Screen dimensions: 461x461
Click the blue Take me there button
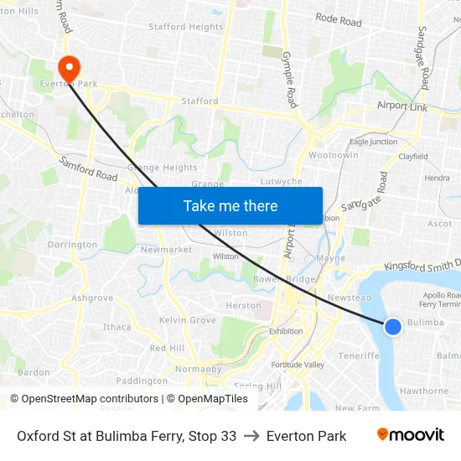230,205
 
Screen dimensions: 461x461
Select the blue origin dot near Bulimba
392,326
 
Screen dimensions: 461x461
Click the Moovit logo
410,435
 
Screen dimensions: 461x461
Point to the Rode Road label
339,19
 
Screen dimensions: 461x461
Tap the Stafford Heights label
186,27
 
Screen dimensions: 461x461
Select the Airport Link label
402,106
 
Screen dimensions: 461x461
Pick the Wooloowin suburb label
334,156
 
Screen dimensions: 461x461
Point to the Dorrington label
73,245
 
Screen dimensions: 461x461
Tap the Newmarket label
161,250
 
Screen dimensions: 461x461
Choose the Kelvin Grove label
188,320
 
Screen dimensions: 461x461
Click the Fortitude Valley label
298,365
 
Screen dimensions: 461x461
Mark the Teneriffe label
359,355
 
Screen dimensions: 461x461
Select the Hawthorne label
424,391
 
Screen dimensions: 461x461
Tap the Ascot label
439,224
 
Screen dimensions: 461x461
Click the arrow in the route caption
251,436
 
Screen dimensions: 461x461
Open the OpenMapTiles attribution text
210,399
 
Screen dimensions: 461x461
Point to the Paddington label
142,381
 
